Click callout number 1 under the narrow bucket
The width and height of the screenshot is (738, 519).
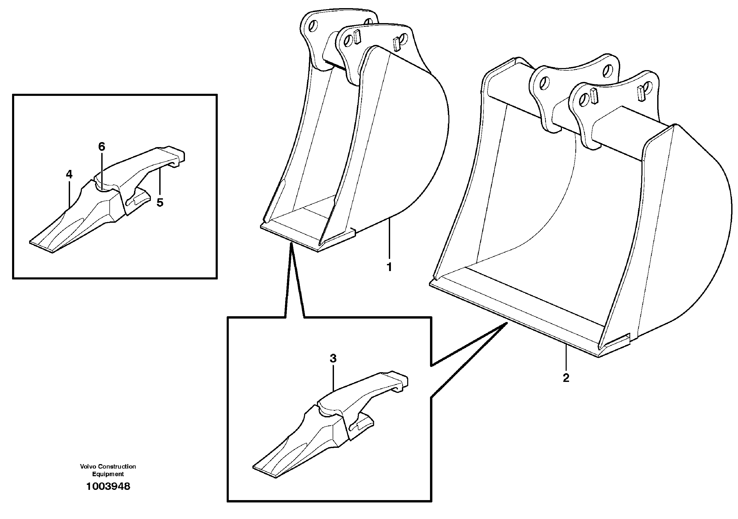(389, 267)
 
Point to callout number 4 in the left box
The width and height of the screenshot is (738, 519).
(69, 175)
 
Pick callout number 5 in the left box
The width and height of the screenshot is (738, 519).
(160, 203)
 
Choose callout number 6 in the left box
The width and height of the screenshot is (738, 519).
(102, 147)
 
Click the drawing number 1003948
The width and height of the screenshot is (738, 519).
(108, 486)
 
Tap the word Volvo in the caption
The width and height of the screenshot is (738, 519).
(88, 466)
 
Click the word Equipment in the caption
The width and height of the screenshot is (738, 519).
(108, 474)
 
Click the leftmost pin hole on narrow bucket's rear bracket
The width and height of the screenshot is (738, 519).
(314, 25)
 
